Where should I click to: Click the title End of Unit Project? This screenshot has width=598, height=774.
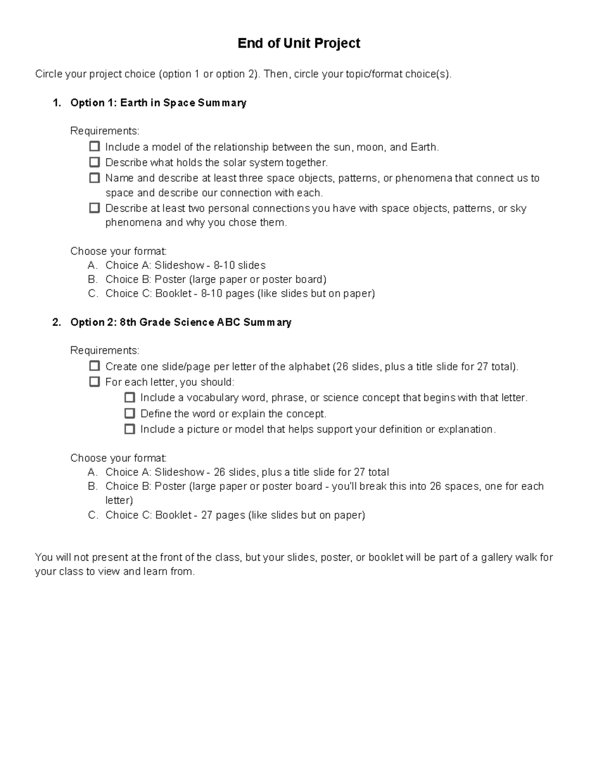(x=299, y=43)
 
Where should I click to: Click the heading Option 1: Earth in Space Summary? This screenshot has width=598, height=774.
(x=158, y=103)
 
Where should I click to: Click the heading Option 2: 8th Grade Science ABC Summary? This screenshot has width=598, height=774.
(x=180, y=322)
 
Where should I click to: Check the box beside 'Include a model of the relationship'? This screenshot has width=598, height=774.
(x=94, y=147)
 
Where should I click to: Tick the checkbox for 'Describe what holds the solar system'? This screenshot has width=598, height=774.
(x=94, y=162)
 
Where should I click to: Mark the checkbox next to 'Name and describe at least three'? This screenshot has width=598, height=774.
(x=94, y=177)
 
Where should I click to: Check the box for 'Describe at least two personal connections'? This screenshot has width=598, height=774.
(x=94, y=208)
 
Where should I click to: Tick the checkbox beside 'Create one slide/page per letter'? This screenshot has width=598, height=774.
(x=94, y=366)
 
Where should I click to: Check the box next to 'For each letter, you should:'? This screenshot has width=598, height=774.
(x=94, y=382)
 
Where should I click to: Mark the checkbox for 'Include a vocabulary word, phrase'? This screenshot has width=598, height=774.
(x=130, y=397)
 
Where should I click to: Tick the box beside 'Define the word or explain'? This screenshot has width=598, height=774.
(x=130, y=413)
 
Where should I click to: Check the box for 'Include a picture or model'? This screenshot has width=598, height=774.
(x=130, y=429)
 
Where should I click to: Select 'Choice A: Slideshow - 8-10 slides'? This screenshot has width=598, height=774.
(x=185, y=265)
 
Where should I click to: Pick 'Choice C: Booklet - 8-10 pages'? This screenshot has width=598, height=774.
(x=240, y=294)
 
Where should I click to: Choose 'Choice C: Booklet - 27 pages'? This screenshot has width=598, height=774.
(x=235, y=515)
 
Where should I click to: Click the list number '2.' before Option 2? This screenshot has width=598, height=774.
(x=57, y=322)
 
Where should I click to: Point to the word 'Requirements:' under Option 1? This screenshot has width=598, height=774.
(x=105, y=131)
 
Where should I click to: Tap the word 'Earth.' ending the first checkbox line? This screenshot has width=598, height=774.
(x=425, y=147)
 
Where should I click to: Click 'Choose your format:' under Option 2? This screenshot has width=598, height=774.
(x=118, y=458)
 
